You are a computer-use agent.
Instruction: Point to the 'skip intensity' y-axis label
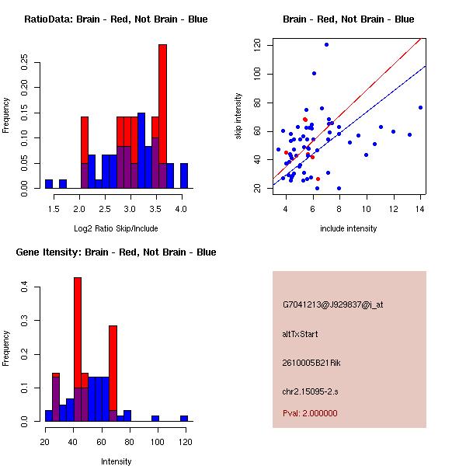(239, 116)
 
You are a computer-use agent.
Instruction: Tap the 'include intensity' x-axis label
(349, 228)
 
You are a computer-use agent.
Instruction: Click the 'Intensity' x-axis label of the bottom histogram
(116, 461)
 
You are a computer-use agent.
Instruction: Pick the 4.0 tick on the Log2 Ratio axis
(181, 209)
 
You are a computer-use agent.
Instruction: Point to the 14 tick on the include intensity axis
(420, 209)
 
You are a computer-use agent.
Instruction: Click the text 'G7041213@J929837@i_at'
(333, 304)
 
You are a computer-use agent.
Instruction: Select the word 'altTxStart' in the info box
(301, 334)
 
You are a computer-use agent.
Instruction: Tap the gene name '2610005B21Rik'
(311, 363)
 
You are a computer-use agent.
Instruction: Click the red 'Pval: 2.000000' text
(310, 413)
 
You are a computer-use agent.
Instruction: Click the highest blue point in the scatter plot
(326, 44)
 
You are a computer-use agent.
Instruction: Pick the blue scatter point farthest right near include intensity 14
(420, 107)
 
